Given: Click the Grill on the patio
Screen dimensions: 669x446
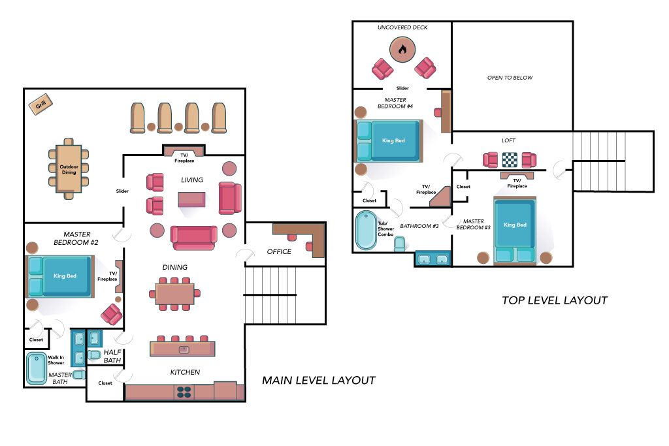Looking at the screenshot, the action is [41, 104].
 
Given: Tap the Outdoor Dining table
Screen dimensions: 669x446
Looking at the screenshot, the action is [69, 169].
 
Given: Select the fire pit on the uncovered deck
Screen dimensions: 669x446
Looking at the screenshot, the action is [402, 50].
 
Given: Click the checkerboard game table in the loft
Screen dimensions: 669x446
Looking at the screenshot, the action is [510, 160].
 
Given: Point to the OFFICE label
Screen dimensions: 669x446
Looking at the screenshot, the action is [279, 251].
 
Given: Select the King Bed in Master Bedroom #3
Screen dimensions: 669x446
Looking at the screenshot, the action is [515, 231].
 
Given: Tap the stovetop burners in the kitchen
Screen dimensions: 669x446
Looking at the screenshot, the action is [184, 392].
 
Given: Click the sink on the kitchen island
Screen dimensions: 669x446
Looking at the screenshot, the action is [184, 349].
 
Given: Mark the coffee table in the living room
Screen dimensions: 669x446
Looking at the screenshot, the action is [191, 200].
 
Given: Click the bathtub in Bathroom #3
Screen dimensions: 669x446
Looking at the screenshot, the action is [366, 231].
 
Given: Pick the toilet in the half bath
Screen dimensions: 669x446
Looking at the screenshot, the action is [94, 355].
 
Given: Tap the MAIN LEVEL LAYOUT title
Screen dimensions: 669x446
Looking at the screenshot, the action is [319, 380].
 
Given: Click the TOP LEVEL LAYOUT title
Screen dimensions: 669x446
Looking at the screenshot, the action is [555, 300].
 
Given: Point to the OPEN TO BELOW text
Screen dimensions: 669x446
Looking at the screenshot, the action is [510, 78].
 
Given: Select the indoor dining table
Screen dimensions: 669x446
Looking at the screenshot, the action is [175, 294].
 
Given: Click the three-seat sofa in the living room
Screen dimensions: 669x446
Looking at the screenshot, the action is [193, 238].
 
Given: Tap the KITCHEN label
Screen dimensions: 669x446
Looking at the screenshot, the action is [185, 372].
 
